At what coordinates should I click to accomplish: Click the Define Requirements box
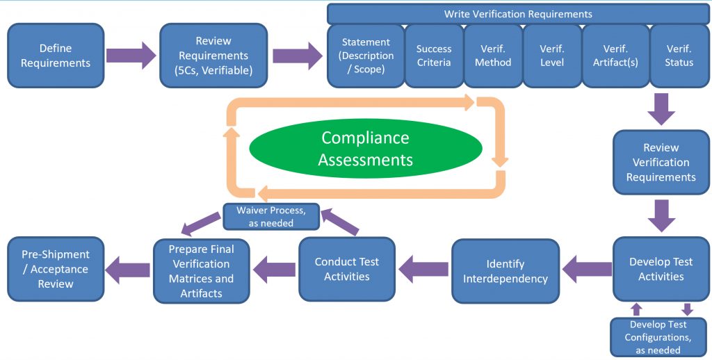(x=56, y=56)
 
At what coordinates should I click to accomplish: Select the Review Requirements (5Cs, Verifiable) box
(x=213, y=56)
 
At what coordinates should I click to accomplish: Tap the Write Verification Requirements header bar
(x=518, y=14)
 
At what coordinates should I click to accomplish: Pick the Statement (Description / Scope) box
(x=366, y=56)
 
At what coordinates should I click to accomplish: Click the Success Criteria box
(x=434, y=56)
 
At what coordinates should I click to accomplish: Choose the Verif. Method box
(x=493, y=56)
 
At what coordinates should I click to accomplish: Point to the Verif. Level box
(x=552, y=56)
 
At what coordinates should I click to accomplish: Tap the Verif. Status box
(x=679, y=56)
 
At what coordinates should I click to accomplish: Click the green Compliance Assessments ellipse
(x=365, y=149)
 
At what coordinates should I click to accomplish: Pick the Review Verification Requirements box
(x=661, y=163)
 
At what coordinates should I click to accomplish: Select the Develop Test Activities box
(x=661, y=269)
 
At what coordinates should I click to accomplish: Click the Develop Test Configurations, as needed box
(x=658, y=337)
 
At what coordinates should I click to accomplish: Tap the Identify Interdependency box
(x=505, y=271)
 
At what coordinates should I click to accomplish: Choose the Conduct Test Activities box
(x=347, y=269)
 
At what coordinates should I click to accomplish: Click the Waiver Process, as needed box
(x=270, y=216)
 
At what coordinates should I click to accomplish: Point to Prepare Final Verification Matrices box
(x=202, y=271)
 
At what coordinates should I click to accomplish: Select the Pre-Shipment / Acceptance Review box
(x=55, y=269)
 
